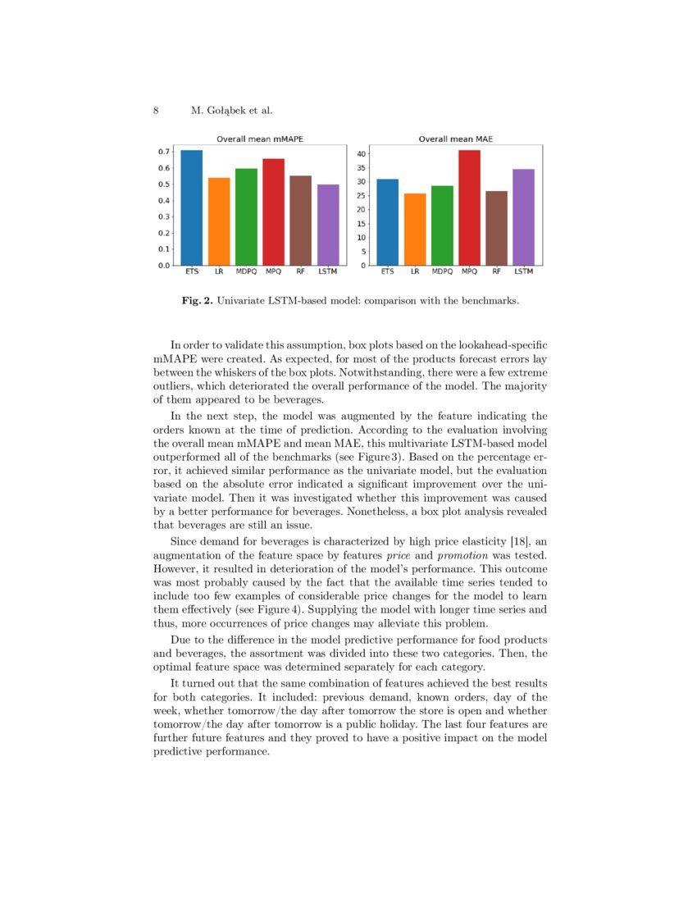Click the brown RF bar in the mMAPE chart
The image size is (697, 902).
coord(300,221)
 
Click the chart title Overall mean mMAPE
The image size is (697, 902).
coord(259,139)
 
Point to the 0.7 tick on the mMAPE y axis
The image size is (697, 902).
coord(164,152)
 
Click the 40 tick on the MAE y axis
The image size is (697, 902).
coord(362,153)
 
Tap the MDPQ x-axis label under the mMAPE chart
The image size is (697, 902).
coord(246,271)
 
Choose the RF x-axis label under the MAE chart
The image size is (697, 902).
coord(496,271)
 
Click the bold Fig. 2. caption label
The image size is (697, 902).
coord(197,301)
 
